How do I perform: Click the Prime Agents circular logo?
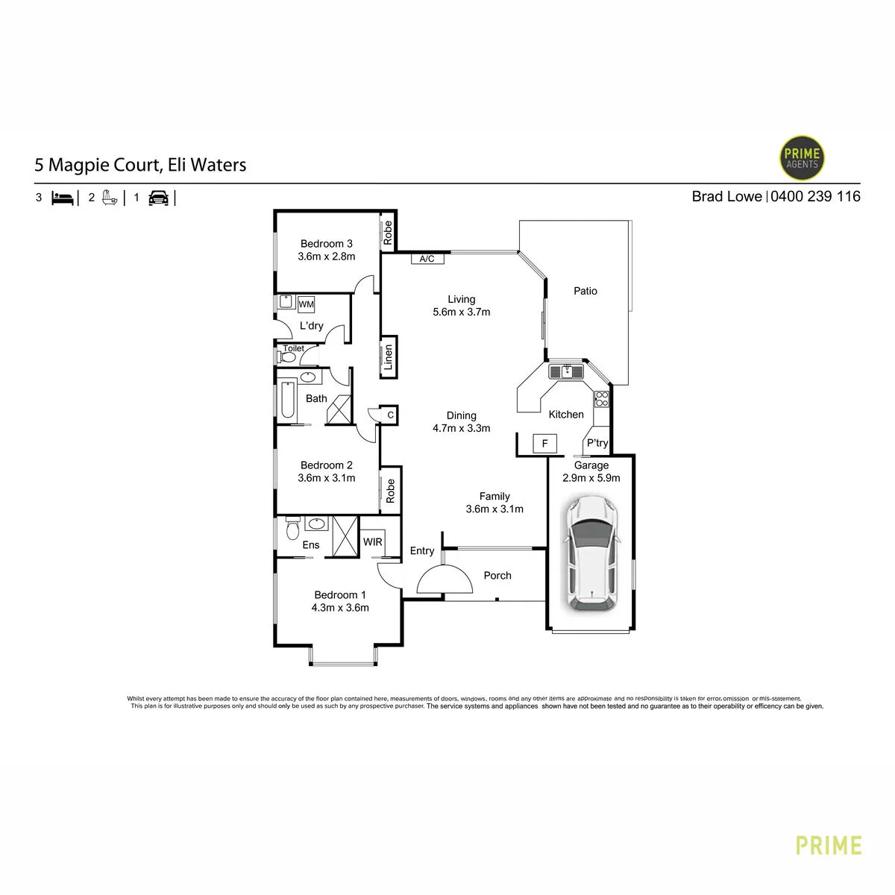point(801,158)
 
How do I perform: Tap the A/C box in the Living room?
point(427,258)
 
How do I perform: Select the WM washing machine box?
point(306,304)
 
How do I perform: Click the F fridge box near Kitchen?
point(544,443)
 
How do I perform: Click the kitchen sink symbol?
point(566,371)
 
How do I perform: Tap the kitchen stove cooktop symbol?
point(601,398)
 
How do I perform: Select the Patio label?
point(585,291)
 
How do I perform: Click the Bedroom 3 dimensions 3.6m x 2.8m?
point(327,257)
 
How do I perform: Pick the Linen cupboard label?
point(389,357)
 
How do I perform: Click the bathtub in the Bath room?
point(287,400)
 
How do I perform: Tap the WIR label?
point(372,542)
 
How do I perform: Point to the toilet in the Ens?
point(292,528)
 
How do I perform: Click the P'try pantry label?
point(597,442)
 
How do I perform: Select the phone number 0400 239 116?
point(815,196)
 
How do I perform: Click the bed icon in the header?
point(63,198)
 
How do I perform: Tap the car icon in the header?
point(158,198)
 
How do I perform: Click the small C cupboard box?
point(390,415)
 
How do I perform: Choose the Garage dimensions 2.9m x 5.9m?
point(591,478)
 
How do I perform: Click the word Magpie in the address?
point(79,166)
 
